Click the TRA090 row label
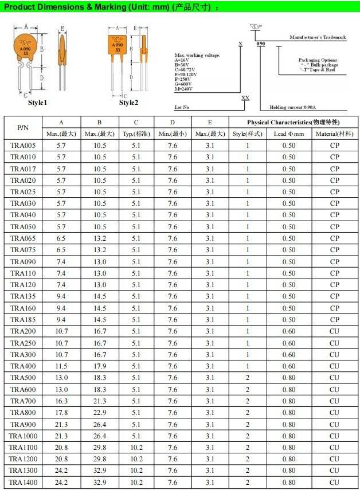[23, 261]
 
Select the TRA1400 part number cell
[23, 483]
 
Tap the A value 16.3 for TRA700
[61, 401]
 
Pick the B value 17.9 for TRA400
[100, 366]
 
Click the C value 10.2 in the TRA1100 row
[136, 448]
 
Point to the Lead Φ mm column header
[289, 134]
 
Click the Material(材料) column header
[335, 134]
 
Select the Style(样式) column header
[248, 134]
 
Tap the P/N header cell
[23, 128]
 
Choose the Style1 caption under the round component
[37, 103]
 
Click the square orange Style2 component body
[118, 45]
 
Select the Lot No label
[182, 107]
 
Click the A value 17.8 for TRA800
[61, 413]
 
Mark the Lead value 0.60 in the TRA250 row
[289, 343]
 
